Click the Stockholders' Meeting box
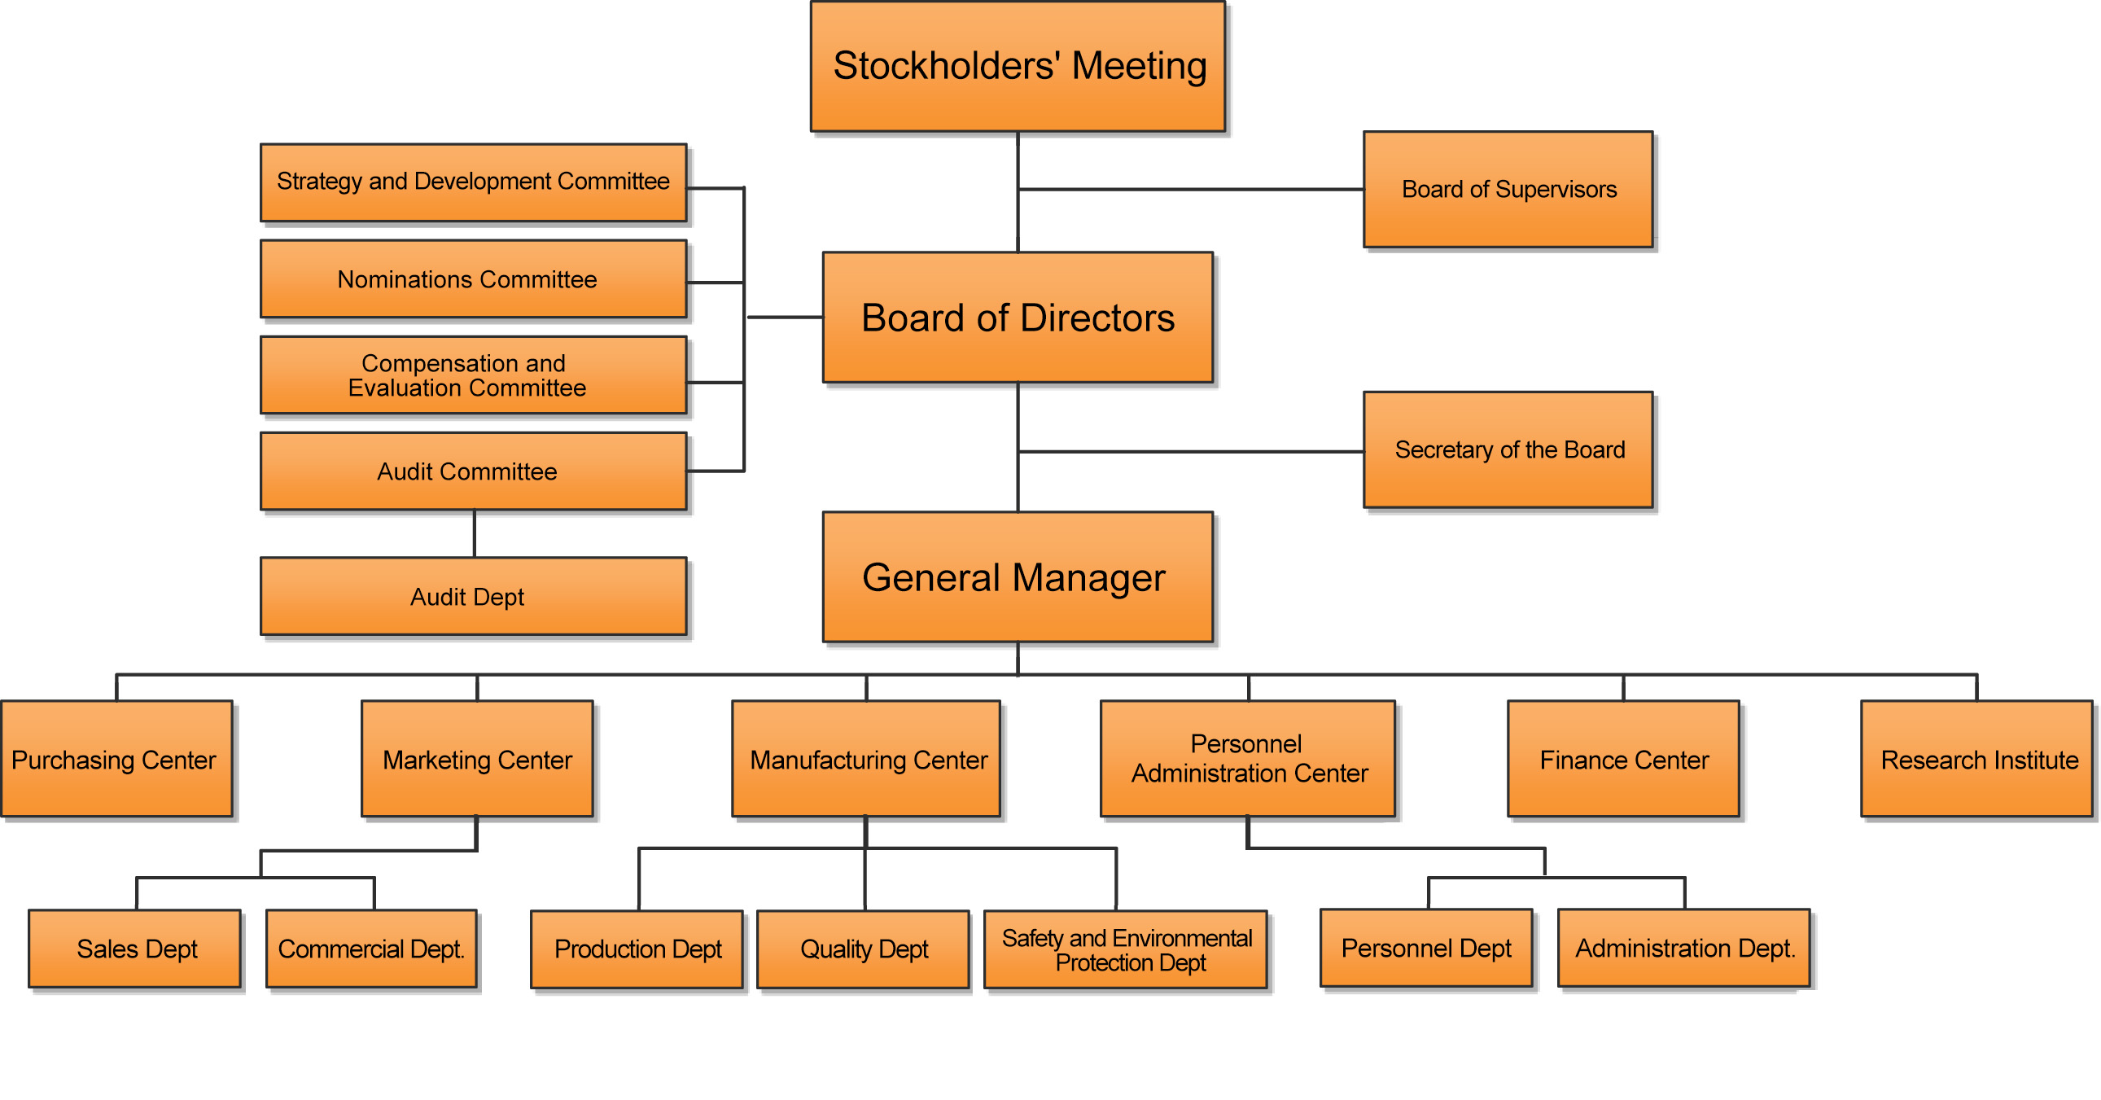tap(1017, 66)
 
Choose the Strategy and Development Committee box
tap(473, 182)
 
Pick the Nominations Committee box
tap(473, 279)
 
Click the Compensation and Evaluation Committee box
tap(473, 375)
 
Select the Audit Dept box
tap(473, 597)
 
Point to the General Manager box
tap(1017, 577)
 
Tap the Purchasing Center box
tap(116, 759)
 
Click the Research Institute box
tap(1976, 759)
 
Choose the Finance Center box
tap(1623, 759)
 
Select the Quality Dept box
tap(863, 949)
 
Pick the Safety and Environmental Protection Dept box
tap(1126, 949)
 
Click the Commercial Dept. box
tap(371, 949)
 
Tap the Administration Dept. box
tap(1683, 949)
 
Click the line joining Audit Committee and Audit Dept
tap(475, 533)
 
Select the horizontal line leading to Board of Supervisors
tap(1191, 190)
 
